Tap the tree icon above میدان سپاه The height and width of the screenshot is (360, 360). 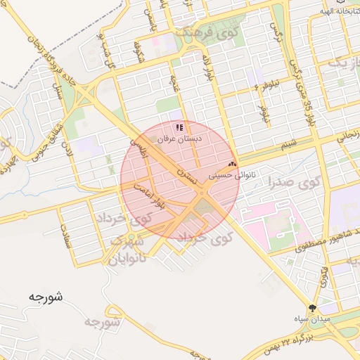[312, 307]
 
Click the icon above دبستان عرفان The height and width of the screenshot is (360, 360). [180, 127]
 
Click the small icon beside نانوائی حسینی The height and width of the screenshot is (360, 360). [233, 162]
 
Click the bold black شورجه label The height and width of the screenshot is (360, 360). [46, 297]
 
